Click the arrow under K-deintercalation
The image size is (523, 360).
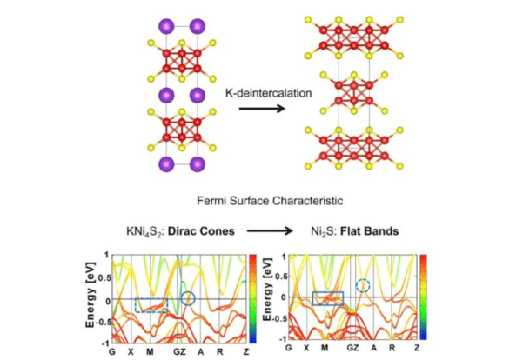[258, 108]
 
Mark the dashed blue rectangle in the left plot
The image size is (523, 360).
[151, 305]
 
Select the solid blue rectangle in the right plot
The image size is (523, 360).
[328, 298]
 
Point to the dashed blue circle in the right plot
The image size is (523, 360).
[364, 284]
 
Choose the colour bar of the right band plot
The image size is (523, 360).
[423, 296]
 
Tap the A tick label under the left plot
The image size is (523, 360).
[201, 350]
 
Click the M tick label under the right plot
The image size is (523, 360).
[326, 350]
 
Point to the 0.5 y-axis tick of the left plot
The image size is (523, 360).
[102, 278]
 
